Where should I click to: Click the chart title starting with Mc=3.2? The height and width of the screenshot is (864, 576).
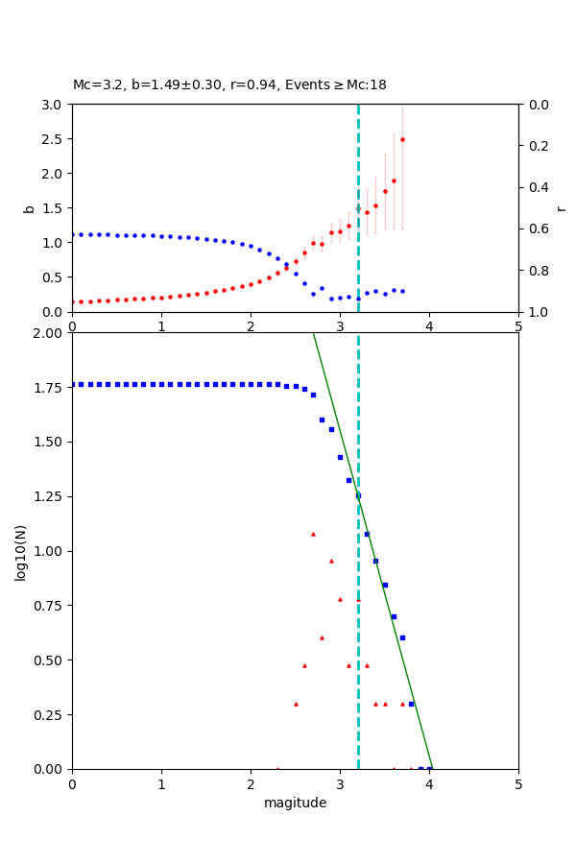pos(229,85)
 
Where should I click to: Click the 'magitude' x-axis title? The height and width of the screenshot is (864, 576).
pos(295,803)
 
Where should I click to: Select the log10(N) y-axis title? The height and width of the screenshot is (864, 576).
pos(20,551)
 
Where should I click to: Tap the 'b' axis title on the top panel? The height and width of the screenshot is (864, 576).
pos(29,207)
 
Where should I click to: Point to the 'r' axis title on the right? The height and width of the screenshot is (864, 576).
pos(561,207)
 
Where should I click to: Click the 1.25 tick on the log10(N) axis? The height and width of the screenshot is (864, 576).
pos(50,494)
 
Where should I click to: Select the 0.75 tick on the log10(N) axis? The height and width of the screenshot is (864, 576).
pos(50,604)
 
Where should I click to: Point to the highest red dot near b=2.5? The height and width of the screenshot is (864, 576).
pos(402,139)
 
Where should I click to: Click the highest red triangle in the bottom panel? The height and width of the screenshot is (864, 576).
pos(313,534)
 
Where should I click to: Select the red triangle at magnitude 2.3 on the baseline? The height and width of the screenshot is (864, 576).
pos(277,768)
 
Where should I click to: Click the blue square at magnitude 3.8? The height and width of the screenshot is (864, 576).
pos(411,704)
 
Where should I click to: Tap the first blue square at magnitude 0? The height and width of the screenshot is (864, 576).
pos(73,384)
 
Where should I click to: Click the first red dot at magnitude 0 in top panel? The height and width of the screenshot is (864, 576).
pos(73,301)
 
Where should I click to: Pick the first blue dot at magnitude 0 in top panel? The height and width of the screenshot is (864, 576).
pos(73,234)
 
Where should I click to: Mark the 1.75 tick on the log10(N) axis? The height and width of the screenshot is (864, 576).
pos(50,386)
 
